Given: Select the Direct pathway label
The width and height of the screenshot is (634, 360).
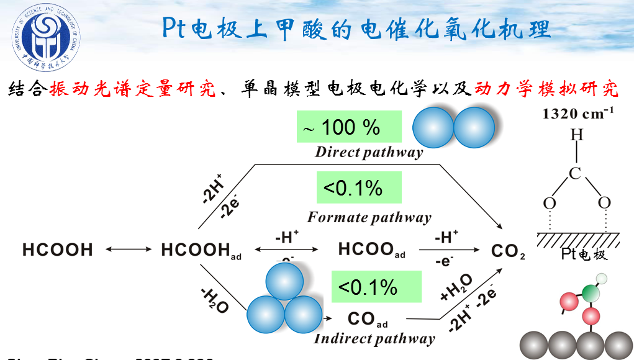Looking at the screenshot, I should (x=369, y=152).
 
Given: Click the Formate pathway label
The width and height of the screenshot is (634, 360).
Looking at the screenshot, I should (x=369, y=217).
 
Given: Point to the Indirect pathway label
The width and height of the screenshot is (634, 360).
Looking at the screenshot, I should (x=374, y=339).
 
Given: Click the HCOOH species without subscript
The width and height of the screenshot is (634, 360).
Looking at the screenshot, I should (x=58, y=250).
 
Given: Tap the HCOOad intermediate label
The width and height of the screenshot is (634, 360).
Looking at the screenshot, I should (x=371, y=250).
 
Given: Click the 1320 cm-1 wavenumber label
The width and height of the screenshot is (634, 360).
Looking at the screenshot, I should (x=578, y=113).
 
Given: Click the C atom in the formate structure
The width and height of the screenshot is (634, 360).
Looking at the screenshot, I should (x=576, y=173).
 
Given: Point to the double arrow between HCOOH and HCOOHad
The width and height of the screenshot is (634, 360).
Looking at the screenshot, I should (x=129, y=250).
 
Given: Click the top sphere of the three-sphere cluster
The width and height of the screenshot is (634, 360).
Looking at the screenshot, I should (x=284, y=281).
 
